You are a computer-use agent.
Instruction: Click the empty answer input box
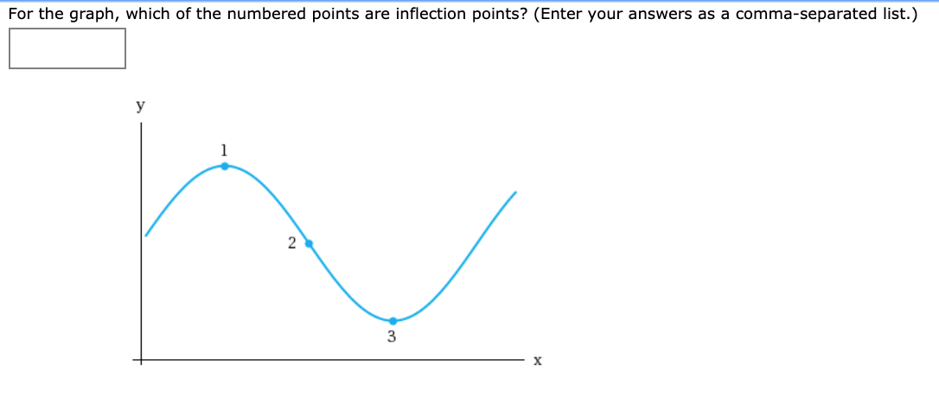[x=67, y=48]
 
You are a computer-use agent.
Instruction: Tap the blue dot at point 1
[x=225, y=165]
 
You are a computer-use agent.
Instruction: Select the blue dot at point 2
[x=309, y=243]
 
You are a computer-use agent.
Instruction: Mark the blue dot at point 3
[x=393, y=321]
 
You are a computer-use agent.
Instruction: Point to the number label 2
[x=291, y=242]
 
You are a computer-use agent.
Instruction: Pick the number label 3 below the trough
[x=392, y=337]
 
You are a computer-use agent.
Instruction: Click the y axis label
[x=140, y=106]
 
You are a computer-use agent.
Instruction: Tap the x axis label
[x=537, y=361]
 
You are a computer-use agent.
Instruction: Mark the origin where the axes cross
[x=143, y=359]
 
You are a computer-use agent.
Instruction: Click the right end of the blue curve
[x=516, y=192]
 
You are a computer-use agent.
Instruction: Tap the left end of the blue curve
[x=146, y=234]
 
